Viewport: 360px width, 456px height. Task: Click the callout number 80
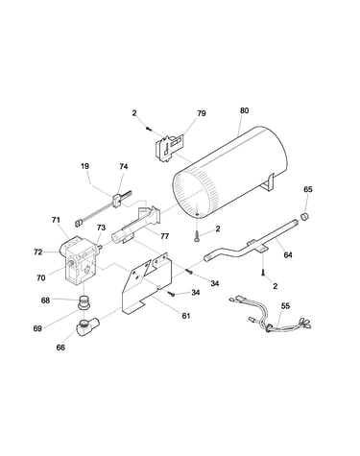click(244, 110)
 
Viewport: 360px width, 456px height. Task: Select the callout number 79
click(202, 113)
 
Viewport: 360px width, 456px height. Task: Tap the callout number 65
click(308, 189)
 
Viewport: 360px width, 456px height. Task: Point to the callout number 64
click(288, 255)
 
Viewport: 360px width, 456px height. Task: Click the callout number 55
click(285, 306)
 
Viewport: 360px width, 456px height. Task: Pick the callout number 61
click(186, 316)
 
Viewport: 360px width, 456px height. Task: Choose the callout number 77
click(164, 236)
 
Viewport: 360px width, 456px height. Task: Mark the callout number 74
click(124, 166)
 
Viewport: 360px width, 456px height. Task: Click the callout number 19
click(84, 166)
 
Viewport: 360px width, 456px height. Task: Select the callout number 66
click(60, 348)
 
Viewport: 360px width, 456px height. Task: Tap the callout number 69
click(37, 328)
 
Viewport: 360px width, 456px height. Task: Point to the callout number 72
click(37, 252)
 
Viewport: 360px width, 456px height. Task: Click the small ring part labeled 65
click(304, 217)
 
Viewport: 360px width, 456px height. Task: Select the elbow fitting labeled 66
click(86, 325)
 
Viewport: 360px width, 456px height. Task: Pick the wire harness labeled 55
click(272, 318)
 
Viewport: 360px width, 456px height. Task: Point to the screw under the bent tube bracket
click(263, 273)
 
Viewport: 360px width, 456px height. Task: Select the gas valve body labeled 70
click(79, 261)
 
